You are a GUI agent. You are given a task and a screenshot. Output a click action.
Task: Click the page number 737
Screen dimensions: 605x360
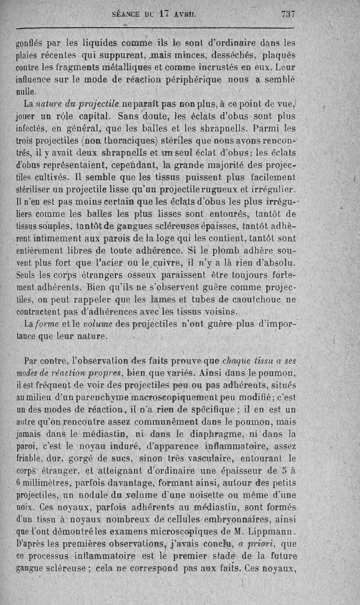288,14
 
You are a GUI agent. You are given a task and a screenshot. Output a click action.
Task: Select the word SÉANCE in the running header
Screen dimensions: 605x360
127,14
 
